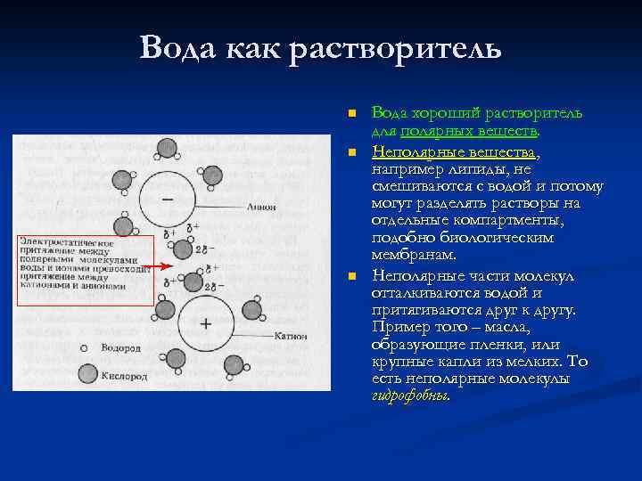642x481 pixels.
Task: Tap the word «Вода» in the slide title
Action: click(176, 47)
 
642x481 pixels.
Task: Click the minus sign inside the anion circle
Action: click(168, 199)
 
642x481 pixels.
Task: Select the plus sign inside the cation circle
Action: click(206, 323)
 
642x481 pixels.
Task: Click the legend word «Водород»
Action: click(120, 348)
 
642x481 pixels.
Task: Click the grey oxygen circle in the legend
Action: click(87, 374)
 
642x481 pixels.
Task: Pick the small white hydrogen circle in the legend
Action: click(85, 348)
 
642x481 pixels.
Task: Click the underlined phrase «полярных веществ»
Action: click(469, 132)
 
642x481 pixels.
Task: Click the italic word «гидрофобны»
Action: click(409, 396)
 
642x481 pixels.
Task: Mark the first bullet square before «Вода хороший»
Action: click(352, 115)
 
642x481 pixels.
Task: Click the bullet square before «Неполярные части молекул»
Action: click(352, 276)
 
